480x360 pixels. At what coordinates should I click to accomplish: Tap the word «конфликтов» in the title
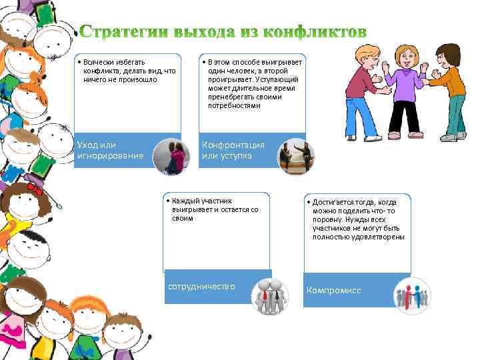(315, 32)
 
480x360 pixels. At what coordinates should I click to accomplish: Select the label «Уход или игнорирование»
(110, 150)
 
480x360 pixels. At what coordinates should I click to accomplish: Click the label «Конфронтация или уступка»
(233, 150)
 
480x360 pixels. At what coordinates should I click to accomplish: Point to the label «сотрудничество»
(201, 286)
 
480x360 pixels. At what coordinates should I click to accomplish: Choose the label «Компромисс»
(333, 291)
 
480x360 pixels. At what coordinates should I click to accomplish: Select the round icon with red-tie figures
(269, 296)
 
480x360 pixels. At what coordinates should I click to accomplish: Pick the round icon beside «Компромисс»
(411, 296)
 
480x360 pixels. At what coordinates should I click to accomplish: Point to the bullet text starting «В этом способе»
(253, 83)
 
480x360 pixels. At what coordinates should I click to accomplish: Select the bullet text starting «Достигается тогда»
(357, 219)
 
